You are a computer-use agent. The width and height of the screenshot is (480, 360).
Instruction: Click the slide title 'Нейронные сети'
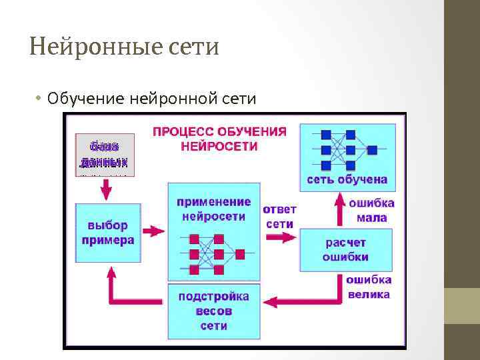[125, 47]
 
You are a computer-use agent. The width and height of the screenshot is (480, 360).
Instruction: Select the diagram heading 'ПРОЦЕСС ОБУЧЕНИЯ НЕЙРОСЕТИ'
[220, 138]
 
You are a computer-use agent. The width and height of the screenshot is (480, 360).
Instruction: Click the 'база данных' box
[105, 155]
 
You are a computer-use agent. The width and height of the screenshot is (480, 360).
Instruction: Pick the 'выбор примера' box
[108, 233]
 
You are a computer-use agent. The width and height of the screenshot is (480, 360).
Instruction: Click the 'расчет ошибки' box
[345, 249]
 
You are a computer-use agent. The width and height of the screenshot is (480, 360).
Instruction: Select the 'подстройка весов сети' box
[213, 311]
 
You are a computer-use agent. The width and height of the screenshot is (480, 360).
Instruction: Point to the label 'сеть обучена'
[347, 179]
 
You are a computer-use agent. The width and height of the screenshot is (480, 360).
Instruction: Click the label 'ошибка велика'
[368, 287]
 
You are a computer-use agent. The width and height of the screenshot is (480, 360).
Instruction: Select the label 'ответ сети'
[280, 216]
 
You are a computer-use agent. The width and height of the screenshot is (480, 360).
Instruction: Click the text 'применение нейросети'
[213, 209]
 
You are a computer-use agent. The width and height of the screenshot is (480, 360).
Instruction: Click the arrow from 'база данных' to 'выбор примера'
[105, 190]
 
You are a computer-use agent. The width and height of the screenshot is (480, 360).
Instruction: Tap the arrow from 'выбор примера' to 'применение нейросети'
[153, 231]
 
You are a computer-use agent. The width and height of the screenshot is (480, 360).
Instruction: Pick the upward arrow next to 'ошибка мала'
[337, 209]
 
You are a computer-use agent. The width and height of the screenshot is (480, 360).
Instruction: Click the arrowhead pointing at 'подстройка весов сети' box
[269, 303]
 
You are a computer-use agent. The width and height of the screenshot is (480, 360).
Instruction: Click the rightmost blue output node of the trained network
[372, 149]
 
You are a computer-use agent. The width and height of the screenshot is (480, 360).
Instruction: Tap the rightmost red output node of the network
[240, 254]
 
